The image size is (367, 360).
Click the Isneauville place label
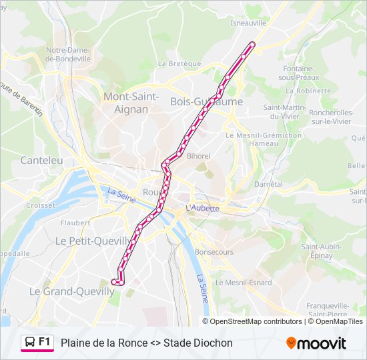pos(248,22)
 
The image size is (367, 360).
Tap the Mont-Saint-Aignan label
pos(131,103)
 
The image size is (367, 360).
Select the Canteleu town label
pos(41,160)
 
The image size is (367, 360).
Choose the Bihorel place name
pos(198,156)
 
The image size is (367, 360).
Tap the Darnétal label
pos(268,183)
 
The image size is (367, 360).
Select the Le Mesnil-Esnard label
pos(248,283)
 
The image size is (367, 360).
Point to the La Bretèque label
pos(179,64)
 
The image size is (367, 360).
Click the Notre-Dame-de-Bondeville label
pos(68,54)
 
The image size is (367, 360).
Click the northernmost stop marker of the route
pos(252,45)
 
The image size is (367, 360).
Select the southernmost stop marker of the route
pos(114,283)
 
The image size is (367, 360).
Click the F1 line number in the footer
pos(45,342)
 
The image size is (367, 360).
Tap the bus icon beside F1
pos(30,343)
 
